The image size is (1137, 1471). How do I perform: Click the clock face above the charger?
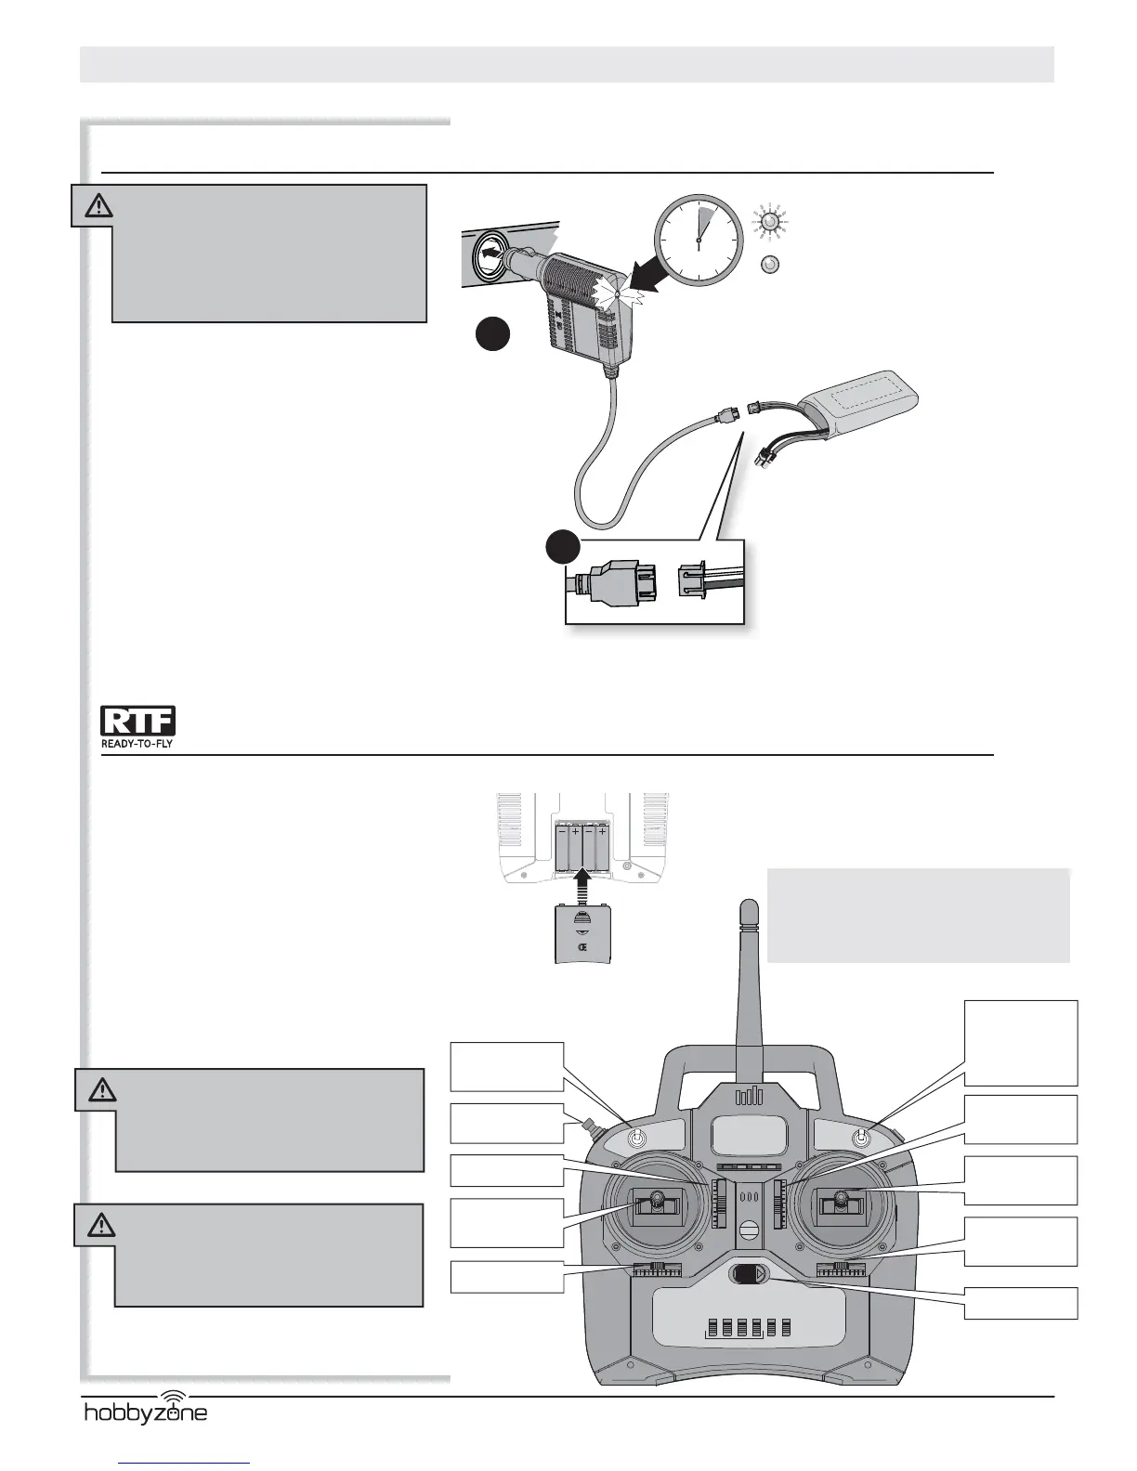tap(698, 240)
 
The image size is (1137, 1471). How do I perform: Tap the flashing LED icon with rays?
tap(768, 222)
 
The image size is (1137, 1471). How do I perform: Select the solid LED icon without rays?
tap(768, 265)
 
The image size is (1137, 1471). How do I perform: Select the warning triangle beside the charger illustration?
tap(92, 205)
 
